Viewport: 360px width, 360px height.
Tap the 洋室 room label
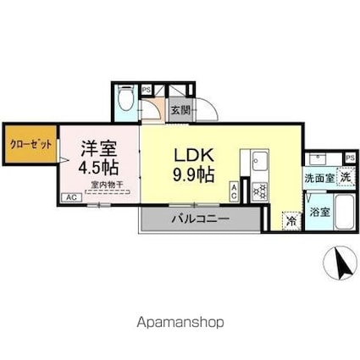click(92, 147)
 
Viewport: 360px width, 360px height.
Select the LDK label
click(194, 157)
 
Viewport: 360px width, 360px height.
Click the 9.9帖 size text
click(194, 176)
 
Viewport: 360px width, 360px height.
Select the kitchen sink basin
click(259, 162)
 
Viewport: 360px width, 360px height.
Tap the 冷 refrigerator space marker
click(291, 221)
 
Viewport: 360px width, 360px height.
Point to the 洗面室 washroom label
click(318, 179)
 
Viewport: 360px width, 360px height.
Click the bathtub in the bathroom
click(344, 212)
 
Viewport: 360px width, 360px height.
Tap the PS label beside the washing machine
click(349, 158)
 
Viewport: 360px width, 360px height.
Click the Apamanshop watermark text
click(180, 322)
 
